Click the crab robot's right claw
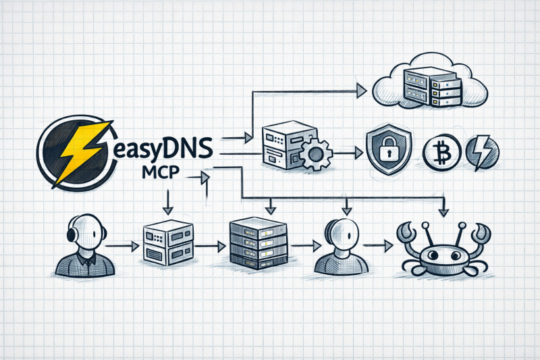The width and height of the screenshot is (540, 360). click(x=481, y=233)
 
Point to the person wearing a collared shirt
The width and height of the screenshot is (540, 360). click(x=84, y=246)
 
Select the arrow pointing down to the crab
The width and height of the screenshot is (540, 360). click(x=443, y=209)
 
